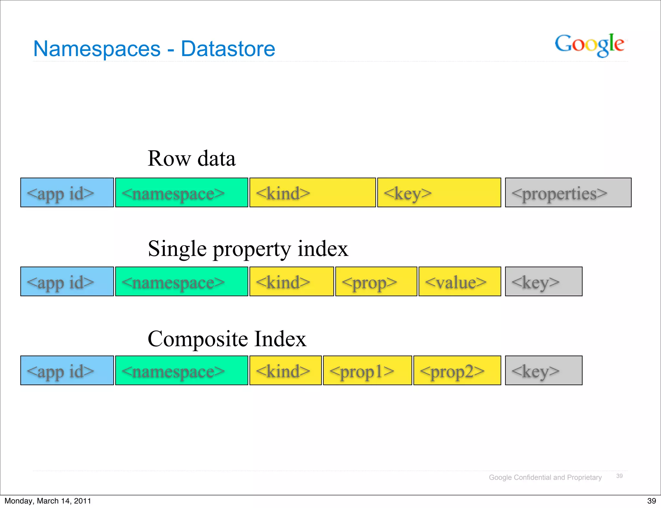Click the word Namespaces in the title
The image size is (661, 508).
point(97,49)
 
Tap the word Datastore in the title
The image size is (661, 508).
point(228,49)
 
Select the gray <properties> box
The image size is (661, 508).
point(568,192)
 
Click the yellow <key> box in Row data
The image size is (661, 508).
point(439,192)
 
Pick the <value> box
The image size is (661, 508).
point(460,281)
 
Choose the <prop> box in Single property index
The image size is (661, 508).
point(376,281)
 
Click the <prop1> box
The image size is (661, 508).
point(367,370)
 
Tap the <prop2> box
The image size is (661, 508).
point(457,370)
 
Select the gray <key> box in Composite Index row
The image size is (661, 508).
point(544,370)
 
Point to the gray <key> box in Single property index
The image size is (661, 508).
point(544,281)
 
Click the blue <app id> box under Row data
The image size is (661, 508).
point(67,192)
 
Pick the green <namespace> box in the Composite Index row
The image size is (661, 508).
point(182,370)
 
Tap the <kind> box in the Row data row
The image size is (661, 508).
point(312,192)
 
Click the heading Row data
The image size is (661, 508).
point(191,159)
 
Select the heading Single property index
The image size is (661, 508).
point(248,249)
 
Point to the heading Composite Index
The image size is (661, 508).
point(227,339)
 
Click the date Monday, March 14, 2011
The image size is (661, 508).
point(48,501)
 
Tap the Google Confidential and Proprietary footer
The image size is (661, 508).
point(545,477)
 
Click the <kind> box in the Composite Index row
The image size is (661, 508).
point(285,370)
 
